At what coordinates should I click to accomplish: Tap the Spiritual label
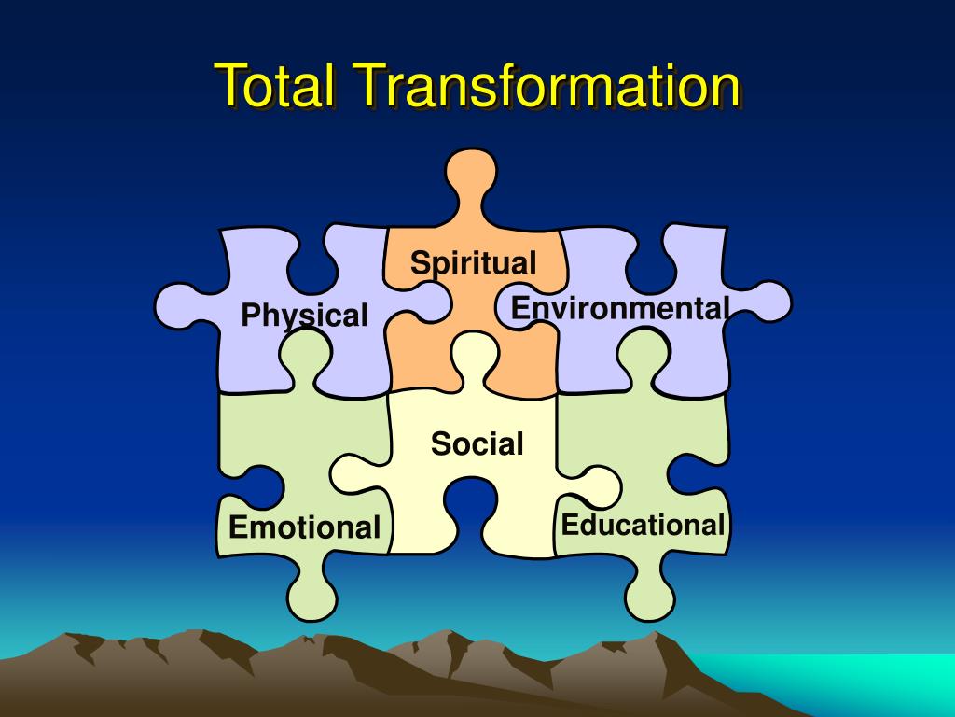click(474, 263)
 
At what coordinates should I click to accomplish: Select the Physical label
click(304, 316)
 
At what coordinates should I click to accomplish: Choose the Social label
click(477, 443)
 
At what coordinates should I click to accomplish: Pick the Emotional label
click(304, 527)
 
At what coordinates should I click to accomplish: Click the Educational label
click(643, 525)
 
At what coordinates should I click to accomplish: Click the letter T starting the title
click(229, 87)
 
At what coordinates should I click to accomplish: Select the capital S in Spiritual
click(421, 262)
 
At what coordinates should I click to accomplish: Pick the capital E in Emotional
click(238, 527)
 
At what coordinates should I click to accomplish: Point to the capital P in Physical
click(250, 316)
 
